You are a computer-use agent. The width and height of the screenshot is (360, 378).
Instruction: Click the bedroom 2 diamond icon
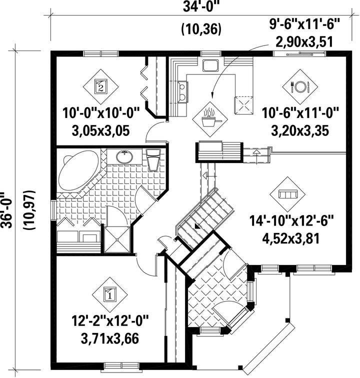point(101,87)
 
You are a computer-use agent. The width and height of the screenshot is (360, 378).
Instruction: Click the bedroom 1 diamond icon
point(110,294)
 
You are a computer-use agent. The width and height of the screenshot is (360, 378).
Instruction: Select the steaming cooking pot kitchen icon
point(210,118)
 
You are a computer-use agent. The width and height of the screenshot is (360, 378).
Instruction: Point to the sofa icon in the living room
point(287,194)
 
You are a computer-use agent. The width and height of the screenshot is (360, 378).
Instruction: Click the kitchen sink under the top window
point(210,65)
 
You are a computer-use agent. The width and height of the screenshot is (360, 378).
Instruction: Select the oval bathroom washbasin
point(124,157)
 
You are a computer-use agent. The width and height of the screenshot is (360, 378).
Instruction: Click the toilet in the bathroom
point(153,159)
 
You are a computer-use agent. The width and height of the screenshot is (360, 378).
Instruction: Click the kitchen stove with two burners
point(182,92)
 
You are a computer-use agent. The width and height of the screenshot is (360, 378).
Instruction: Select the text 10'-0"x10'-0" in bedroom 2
point(101,113)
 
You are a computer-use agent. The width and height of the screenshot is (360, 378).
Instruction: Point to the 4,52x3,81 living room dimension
point(291,238)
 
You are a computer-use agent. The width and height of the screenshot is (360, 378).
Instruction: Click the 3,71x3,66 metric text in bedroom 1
point(110,338)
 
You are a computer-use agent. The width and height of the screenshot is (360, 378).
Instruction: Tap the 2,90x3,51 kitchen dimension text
point(305,42)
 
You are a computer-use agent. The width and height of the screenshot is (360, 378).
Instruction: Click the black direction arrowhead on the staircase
point(197,226)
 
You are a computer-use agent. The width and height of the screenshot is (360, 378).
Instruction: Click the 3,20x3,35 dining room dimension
point(300,131)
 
